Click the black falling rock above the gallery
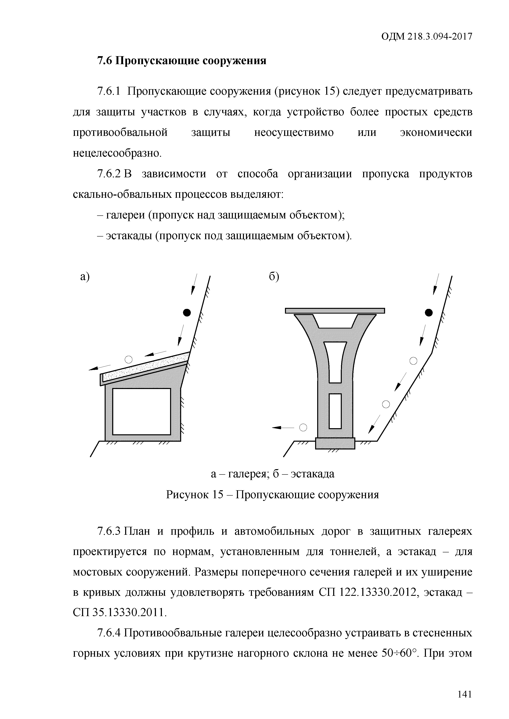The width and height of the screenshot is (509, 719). tap(187, 313)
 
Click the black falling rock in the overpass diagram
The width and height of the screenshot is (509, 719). tap(428, 313)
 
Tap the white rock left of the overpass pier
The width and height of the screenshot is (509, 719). tap(303, 427)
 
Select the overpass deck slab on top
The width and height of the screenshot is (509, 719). tap(335, 311)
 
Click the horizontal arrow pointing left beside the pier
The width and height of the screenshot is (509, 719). tap(283, 427)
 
